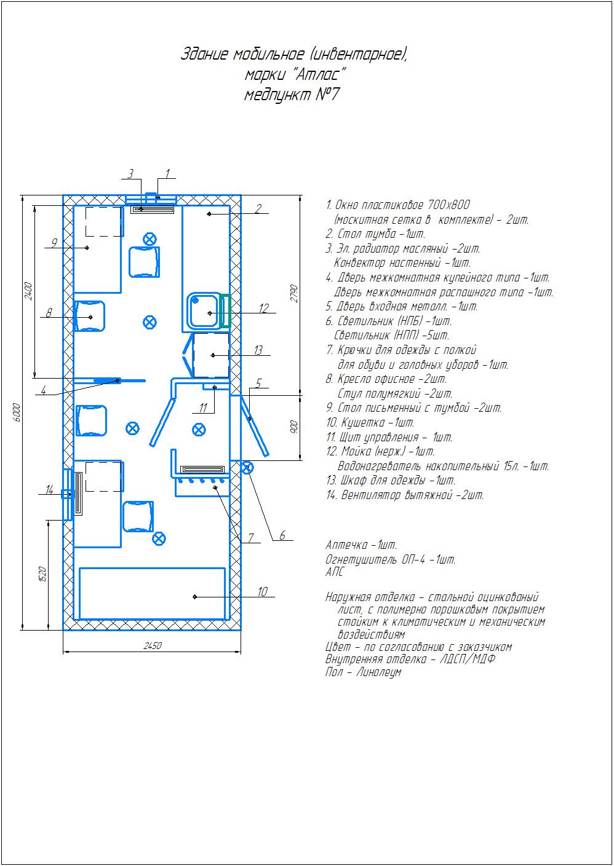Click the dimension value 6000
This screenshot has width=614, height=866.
[16, 412]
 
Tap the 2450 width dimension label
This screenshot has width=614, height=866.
[153, 645]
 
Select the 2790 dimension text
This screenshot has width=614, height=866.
[294, 293]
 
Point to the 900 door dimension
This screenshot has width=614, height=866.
[294, 427]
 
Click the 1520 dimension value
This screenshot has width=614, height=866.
[42, 574]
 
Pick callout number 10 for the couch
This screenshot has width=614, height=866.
[263, 591]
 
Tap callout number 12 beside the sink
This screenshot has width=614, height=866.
[264, 308]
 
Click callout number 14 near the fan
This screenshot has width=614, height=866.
[49, 490]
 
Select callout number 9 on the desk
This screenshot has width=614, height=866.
[55, 243]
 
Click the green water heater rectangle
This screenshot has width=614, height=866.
[225, 311]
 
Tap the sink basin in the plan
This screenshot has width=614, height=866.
[202, 311]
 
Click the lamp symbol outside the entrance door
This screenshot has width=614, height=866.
[247, 468]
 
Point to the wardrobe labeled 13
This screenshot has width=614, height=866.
[211, 355]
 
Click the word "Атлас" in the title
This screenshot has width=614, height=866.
[319, 74]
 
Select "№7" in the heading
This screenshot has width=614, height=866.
[327, 94]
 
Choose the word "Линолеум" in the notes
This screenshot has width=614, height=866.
[378, 672]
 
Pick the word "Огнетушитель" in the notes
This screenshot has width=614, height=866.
[361, 559]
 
